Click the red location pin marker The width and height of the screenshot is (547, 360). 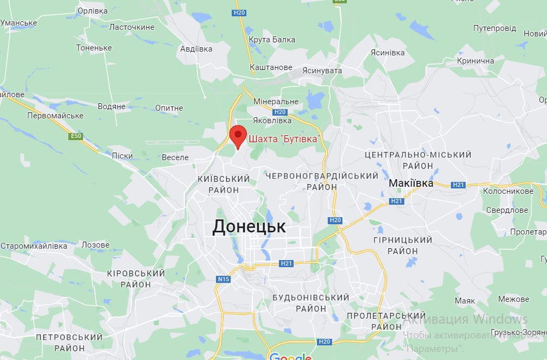[238, 135]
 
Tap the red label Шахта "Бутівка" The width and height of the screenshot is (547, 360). [283, 139]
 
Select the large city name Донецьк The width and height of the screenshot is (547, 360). [249, 226]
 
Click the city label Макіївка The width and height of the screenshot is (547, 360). [411, 184]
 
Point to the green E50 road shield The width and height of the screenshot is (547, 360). [76, 136]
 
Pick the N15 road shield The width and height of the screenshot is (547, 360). [224, 279]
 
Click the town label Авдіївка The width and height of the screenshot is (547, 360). [196, 49]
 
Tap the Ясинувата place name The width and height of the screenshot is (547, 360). [322, 71]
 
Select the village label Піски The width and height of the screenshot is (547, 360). [122, 156]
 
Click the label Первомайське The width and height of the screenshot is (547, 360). [55, 116]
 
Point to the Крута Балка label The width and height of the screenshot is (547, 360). [272, 40]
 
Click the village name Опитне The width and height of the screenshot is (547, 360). [169, 108]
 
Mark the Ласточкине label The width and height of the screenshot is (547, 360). [132, 27]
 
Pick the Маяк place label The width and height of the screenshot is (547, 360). [465, 300]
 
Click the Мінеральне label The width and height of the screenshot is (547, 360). [276, 102]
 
